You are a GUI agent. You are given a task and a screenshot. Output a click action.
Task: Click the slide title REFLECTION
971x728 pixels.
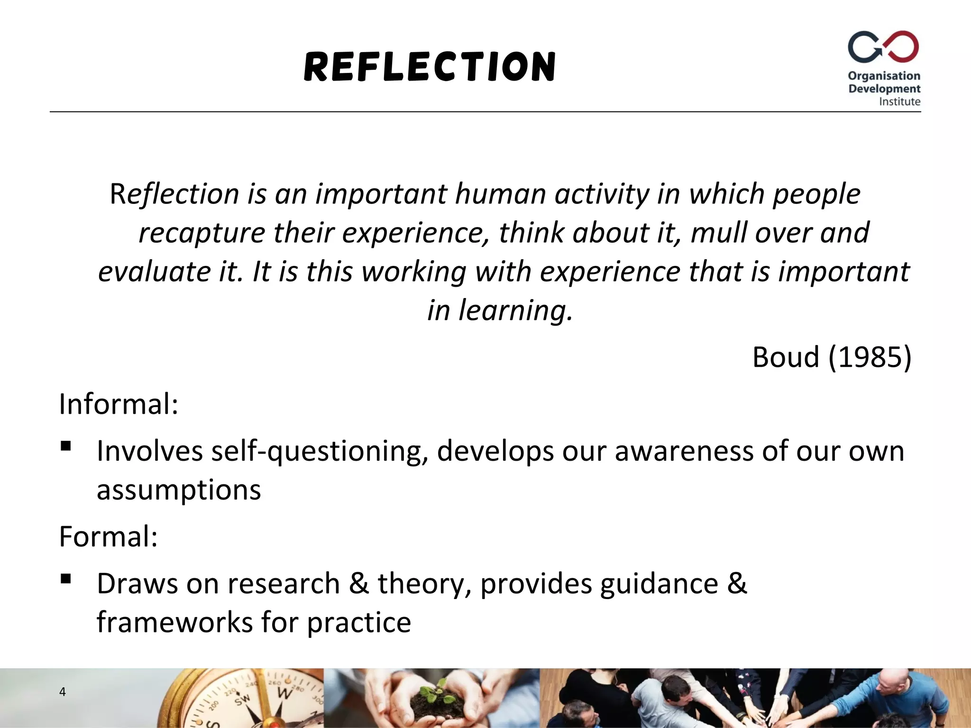pos(430,67)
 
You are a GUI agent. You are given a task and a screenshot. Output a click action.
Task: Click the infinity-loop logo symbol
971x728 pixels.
pos(883,47)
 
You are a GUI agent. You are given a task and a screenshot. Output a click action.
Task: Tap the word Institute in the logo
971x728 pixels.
pos(899,101)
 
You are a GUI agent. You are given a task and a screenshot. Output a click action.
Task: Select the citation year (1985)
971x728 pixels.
pos(870,357)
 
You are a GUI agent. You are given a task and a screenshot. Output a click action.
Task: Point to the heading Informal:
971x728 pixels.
pos(119,404)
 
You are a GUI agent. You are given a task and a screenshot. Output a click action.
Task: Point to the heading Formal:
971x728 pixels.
pos(108,537)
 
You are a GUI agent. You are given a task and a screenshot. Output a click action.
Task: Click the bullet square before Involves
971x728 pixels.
pos(66,446)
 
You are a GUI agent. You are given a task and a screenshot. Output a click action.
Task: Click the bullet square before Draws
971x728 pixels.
pos(66,579)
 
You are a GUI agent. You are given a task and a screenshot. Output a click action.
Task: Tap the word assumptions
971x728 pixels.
pos(179,490)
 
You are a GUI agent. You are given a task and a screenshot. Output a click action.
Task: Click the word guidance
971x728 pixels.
pos(659,584)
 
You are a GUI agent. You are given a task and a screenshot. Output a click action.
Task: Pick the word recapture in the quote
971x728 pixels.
pos(202,233)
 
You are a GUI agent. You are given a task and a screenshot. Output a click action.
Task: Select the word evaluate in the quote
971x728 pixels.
pos(154,272)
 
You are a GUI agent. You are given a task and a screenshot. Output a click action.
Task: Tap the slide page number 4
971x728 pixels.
pos(62,692)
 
